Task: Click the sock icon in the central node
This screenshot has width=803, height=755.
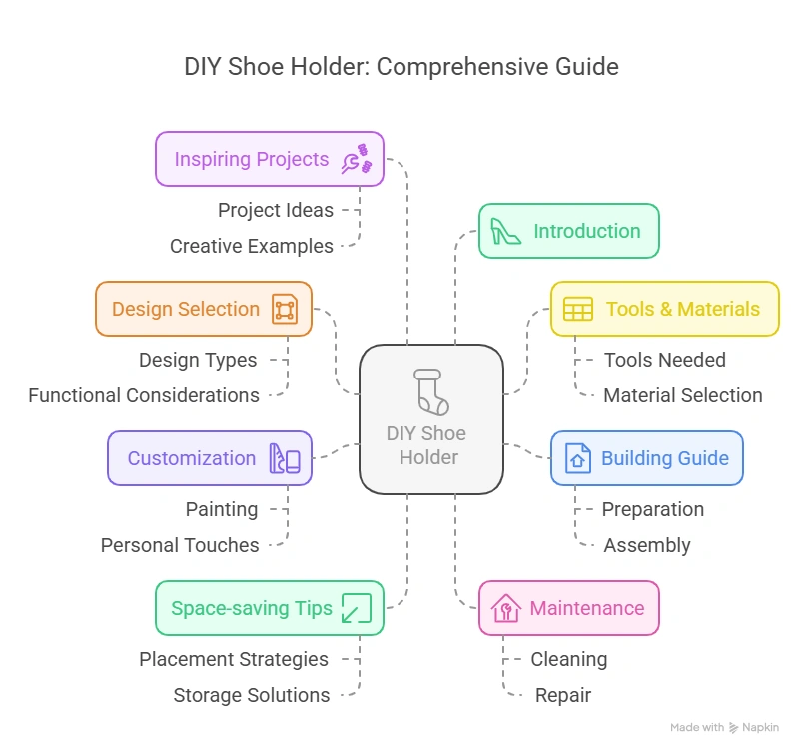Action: (x=430, y=391)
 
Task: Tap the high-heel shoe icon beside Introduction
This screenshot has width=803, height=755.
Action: (x=505, y=231)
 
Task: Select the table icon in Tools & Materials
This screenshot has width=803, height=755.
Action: (x=577, y=309)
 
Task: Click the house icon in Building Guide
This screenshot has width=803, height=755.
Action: (x=577, y=458)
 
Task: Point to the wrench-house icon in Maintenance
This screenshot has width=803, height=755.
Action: (x=506, y=608)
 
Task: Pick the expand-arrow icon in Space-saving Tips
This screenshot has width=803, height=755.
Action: (x=356, y=608)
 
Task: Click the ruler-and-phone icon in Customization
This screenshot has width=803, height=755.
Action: (x=284, y=458)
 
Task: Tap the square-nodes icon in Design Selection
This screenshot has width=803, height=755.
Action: (x=284, y=309)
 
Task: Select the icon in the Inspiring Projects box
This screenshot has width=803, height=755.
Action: (x=356, y=159)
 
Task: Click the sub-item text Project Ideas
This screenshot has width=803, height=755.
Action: (x=276, y=210)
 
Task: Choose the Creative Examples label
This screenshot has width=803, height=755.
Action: (x=252, y=246)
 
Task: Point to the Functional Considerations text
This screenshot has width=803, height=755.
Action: (x=144, y=395)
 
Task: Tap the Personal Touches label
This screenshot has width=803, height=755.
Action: (x=180, y=545)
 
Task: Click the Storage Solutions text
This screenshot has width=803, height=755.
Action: (x=252, y=695)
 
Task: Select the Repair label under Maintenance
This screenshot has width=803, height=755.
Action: (x=563, y=695)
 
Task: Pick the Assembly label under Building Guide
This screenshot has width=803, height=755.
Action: (x=647, y=545)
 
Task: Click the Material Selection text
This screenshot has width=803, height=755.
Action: (x=683, y=395)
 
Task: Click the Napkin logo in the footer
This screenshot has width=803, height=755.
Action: (x=755, y=728)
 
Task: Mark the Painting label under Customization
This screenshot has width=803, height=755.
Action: (x=222, y=509)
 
